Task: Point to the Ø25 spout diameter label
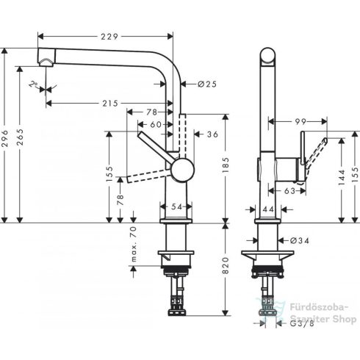pos(207,84)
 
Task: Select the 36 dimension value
pos(213,134)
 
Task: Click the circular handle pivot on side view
pos(181,169)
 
